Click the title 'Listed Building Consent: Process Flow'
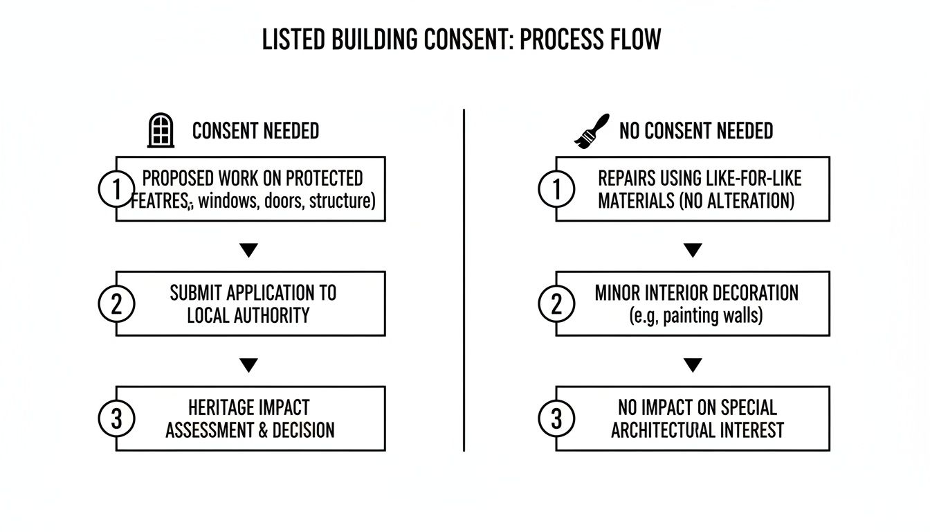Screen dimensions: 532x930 pos(462,40)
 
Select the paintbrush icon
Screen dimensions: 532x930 pos(592,131)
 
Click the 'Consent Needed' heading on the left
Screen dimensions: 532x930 pos(255,131)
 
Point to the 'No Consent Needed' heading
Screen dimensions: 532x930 pos(695,131)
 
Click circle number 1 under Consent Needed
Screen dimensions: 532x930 pos(116,189)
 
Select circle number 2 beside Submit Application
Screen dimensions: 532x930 pos(116,304)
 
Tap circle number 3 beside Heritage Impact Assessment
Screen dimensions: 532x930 pos(116,419)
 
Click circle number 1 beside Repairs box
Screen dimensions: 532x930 pos(556,189)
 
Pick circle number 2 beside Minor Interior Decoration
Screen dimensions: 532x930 pos(556,304)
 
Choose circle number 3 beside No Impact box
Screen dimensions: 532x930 pos(556,419)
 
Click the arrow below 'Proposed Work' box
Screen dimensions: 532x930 pos(248,250)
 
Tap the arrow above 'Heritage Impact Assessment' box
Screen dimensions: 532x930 pos(248,365)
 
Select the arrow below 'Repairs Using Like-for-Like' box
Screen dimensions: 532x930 pos(692,250)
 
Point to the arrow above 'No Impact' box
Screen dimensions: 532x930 pos(692,365)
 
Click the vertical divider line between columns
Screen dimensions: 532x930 pos(464,277)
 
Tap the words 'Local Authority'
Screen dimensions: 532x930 pos(248,316)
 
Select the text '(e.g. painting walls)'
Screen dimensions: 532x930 pos(696,316)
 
